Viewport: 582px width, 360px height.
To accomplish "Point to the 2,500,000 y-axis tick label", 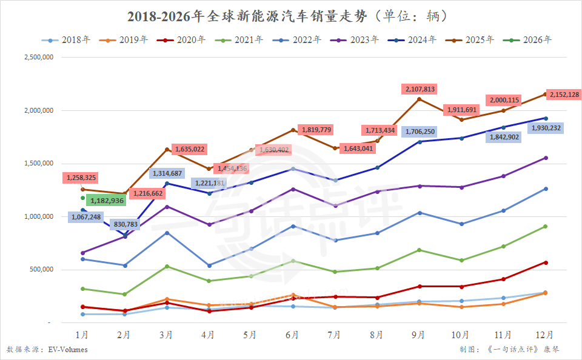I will [x=38, y=58].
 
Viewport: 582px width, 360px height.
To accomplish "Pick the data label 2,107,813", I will [x=419, y=89].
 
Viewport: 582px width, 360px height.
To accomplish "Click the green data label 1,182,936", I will [x=106, y=200].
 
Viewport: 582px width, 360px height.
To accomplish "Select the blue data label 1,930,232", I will [x=547, y=128].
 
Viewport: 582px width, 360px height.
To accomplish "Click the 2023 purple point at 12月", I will [x=545, y=158].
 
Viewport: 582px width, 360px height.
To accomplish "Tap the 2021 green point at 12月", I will [x=545, y=227].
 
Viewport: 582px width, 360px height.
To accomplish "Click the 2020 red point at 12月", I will [x=545, y=262].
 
